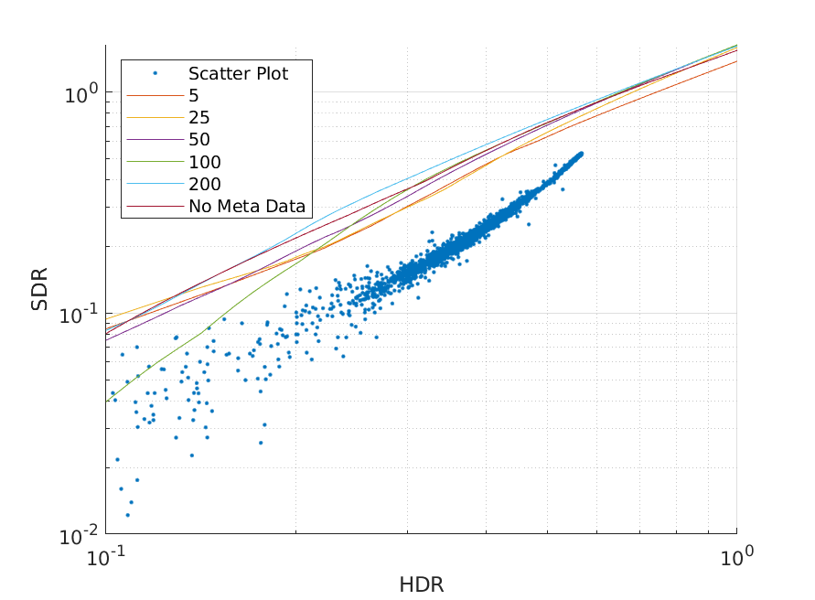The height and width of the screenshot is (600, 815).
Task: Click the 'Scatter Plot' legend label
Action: pyautogui.click(x=238, y=74)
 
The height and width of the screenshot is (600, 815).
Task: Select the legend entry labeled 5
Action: pyautogui.click(x=194, y=96)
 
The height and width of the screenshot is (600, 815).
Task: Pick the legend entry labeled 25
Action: pyautogui.click(x=199, y=118)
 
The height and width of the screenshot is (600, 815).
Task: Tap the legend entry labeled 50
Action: pyautogui.click(x=199, y=140)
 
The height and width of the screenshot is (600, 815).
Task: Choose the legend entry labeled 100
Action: pyautogui.click(x=205, y=162)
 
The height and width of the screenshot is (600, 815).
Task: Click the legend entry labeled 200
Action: pyautogui.click(x=205, y=184)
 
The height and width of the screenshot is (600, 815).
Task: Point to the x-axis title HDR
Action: pyautogui.click(x=422, y=584)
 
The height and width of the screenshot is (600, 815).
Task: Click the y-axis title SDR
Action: pyautogui.click(x=39, y=288)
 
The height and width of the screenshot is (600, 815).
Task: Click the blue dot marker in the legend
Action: pyautogui.click(x=155, y=73)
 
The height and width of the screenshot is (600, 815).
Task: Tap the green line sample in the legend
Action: pyautogui.click(x=155, y=162)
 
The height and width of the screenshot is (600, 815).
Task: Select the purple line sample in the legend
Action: pyautogui.click(x=155, y=140)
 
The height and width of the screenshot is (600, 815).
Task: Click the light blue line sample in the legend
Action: pyautogui.click(x=155, y=184)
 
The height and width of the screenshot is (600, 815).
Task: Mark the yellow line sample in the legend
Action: pyautogui.click(x=155, y=118)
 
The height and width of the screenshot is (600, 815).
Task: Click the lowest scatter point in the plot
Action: pyautogui.click(x=127, y=515)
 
